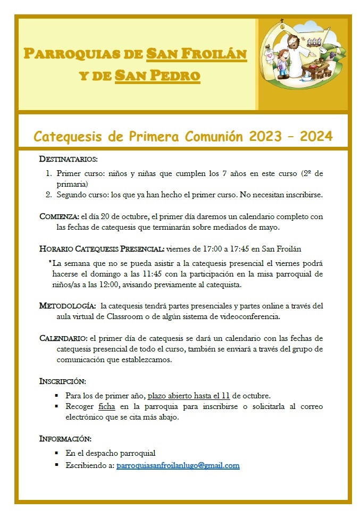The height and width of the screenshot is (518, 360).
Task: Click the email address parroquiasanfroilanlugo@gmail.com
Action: click(x=178, y=465)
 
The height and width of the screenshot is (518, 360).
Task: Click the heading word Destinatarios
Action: click(x=68, y=159)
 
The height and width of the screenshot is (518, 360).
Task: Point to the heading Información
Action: click(x=65, y=439)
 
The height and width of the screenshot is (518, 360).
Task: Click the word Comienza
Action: click(x=59, y=217)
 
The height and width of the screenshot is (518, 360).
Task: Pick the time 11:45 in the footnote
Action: click(x=161, y=274)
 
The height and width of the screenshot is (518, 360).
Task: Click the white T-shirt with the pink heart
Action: click(x=267, y=68)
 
